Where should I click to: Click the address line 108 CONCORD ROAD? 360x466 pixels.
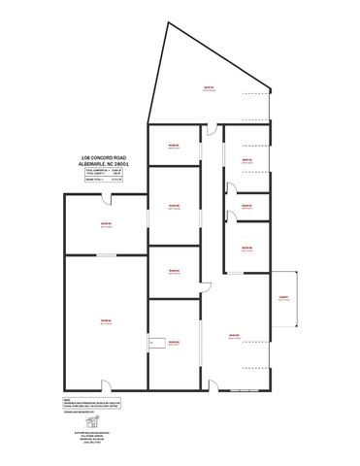pyautogui.click(x=104, y=156)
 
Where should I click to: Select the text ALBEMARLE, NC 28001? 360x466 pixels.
pyautogui.click(x=104, y=164)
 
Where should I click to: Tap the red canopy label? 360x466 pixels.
pyautogui.click(x=283, y=299)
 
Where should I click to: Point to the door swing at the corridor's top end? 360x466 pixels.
pyautogui.click(x=209, y=134)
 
